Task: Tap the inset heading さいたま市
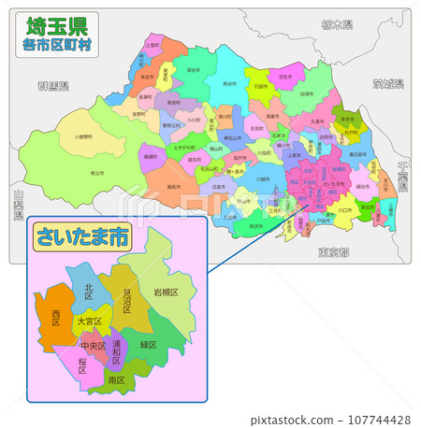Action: (x=80, y=237)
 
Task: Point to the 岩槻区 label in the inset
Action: (x=166, y=293)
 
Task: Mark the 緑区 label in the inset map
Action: (x=148, y=344)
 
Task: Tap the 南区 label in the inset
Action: (x=116, y=380)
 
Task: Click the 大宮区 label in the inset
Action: (x=90, y=321)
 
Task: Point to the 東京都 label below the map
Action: (x=332, y=252)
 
